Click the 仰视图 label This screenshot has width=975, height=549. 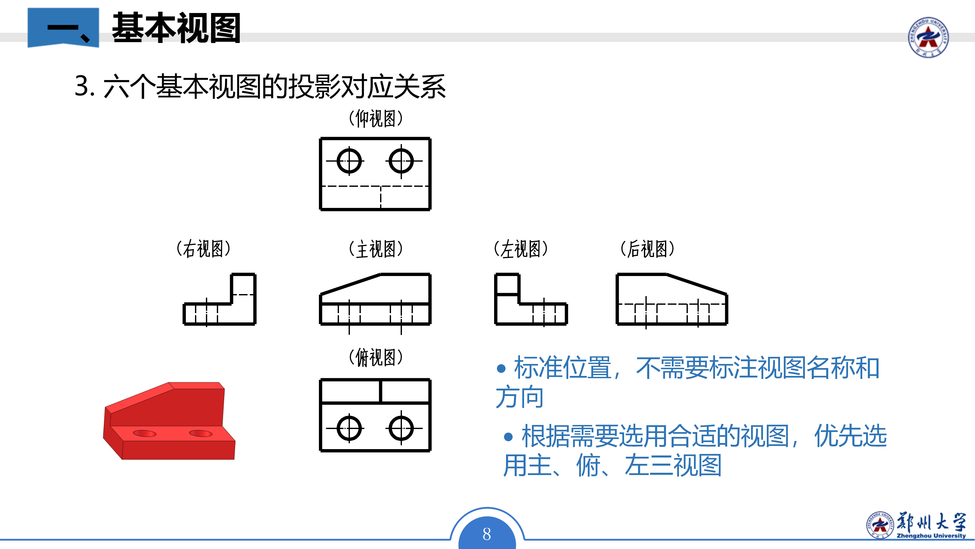click(376, 119)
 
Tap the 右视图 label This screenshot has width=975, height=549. click(204, 249)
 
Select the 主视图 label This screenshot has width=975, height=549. click(376, 249)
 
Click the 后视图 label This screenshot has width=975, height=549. click(647, 249)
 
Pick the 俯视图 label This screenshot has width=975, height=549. click(376, 357)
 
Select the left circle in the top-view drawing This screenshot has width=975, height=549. click(349, 428)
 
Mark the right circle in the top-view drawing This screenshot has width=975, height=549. click(401, 428)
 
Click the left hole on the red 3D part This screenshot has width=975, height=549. click(144, 433)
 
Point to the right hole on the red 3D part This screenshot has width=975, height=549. click(201, 433)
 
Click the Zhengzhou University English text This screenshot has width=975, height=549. click(931, 536)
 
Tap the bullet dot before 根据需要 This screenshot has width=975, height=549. click(508, 437)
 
